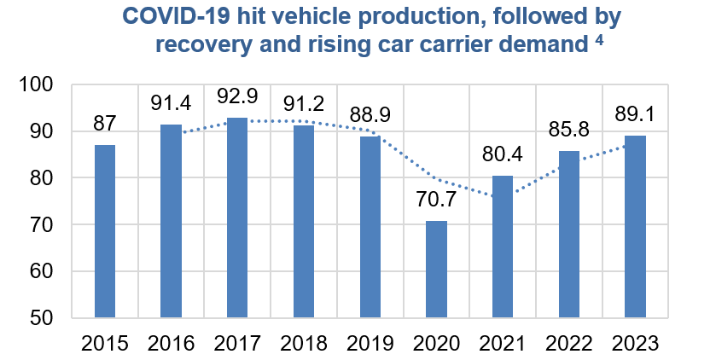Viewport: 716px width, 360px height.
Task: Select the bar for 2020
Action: tap(437, 270)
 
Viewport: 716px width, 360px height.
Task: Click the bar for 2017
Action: tap(237, 218)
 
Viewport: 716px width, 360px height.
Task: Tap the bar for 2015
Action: tap(105, 231)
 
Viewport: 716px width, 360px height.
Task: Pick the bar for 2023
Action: tap(635, 227)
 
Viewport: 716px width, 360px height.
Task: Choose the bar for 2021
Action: tap(503, 247)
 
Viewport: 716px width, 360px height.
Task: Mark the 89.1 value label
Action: tap(635, 115)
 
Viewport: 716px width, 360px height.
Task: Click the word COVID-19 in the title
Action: tap(170, 16)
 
